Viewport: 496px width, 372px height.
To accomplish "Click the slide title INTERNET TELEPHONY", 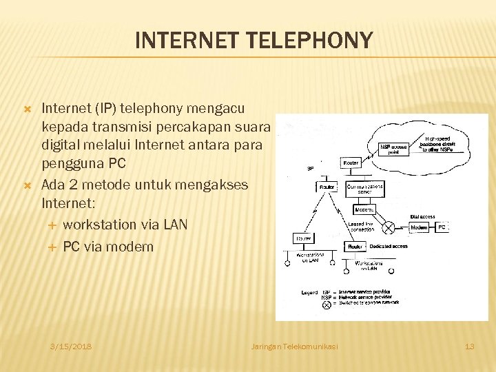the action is (x=254, y=41).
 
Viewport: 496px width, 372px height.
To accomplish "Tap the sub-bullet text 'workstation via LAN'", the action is (x=125, y=225).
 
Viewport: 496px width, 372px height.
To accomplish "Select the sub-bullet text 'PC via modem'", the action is (x=108, y=246).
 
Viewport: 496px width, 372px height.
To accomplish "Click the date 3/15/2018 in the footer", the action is (x=71, y=346).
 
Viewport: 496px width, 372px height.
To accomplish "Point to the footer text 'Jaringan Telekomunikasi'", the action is (x=295, y=346).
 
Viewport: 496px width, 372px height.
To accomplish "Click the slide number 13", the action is (x=470, y=346).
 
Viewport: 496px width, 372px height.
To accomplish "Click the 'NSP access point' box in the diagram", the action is (x=395, y=149).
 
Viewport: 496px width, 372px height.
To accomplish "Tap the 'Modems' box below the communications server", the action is (x=364, y=209).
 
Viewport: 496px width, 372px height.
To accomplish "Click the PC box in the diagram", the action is (x=442, y=227).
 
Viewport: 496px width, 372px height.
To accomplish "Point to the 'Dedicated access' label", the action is (x=388, y=246).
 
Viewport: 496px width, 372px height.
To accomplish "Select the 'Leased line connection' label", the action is (x=361, y=227).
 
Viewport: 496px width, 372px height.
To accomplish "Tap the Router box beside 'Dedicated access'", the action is (x=355, y=246).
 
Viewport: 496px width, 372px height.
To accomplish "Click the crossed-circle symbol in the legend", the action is (x=327, y=304).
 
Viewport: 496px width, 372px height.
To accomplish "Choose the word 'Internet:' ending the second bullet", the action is (x=69, y=203).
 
